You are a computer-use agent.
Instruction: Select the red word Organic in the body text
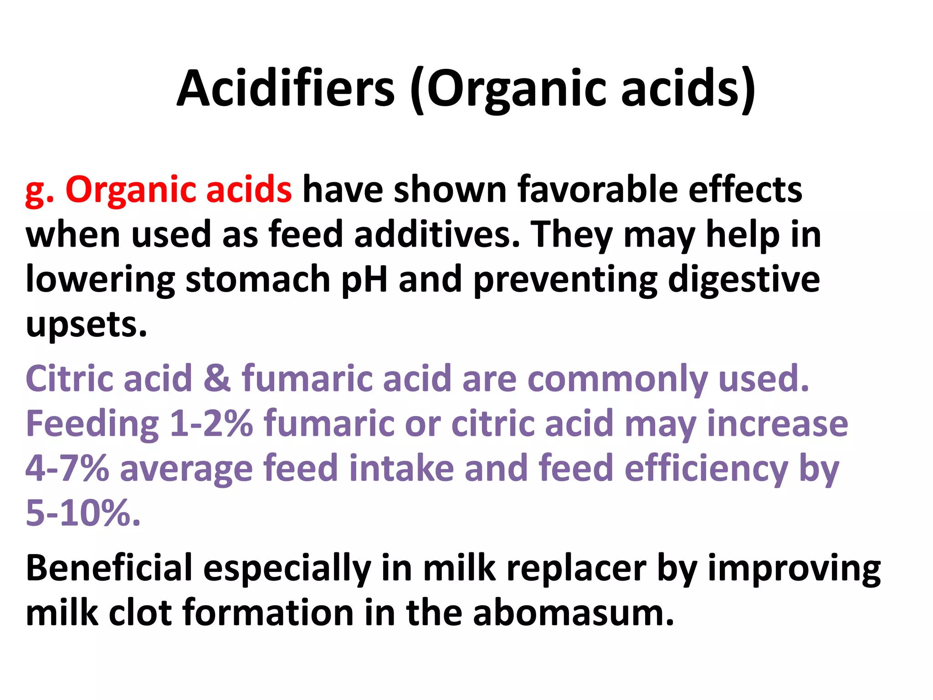coord(130,190)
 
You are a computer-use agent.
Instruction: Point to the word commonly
coord(617,379)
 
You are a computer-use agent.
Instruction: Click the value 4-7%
coord(67,468)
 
